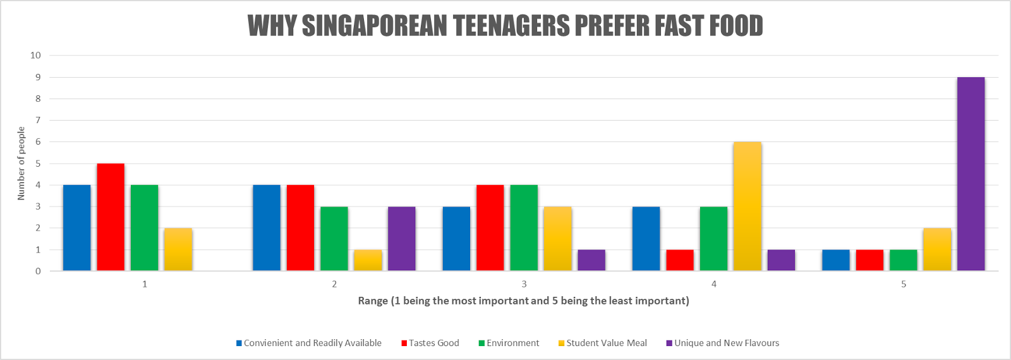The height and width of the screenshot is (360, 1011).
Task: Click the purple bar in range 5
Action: [x=971, y=174]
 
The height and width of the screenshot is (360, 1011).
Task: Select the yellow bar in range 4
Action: [x=748, y=207]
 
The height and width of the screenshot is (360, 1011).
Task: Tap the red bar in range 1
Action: [x=111, y=217]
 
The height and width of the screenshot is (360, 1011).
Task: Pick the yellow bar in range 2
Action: [x=368, y=260]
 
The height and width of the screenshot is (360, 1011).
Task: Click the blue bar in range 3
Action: [x=456, y=239]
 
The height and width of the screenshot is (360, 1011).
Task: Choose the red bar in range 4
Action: [x=680, y=260]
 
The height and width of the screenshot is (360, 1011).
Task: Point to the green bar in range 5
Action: [x=904, y=260]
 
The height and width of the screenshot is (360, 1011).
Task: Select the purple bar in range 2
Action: [x=402, y=239]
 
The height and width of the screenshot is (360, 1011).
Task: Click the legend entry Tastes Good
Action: [x=433, y=343]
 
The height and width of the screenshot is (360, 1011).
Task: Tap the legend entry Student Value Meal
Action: [x=607, y=343]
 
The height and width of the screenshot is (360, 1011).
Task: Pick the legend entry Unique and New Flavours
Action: [x=726, y=343]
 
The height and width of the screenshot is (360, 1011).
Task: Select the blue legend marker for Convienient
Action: [x=239, y=343]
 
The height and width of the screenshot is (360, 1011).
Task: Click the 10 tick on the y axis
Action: [x=35, y=55]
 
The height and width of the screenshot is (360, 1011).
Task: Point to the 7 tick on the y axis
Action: [x=38, y=120]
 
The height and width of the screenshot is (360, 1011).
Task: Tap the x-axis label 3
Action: [x=524, y=284]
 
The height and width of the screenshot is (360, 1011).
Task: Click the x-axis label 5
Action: [x=904, y=284]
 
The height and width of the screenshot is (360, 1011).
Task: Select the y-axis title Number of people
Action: [x=21, y=164]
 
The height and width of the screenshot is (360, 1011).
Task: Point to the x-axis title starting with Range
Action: [x=523, y=301]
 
